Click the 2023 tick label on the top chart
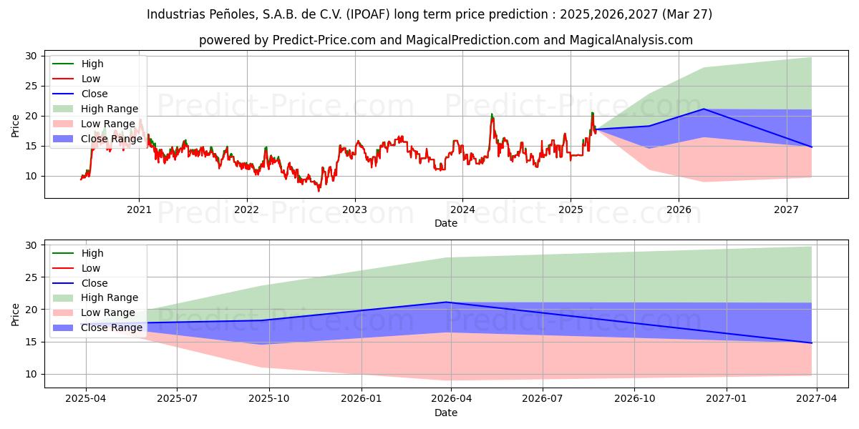tap(354, 209)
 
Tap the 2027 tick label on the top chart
tap(787, 209)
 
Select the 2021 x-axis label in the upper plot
tap(138, 209)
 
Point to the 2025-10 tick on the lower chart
tap(269, 399)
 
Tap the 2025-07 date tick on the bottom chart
tap(177, 399)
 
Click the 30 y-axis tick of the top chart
tap(31, 56)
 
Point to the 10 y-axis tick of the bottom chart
tap(31, 374)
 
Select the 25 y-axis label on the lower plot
tap(31, 277)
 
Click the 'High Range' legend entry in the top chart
tap(110, 109)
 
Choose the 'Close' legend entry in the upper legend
tap(94, 94)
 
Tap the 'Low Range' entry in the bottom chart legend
tap(108, 312)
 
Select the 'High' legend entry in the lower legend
tap(92, 253)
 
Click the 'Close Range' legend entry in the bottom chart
tap(112, 327)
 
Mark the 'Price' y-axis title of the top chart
tap(15, 125)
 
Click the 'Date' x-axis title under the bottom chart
tap(445, 413)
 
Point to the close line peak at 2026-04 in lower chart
tap(447, 302)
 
